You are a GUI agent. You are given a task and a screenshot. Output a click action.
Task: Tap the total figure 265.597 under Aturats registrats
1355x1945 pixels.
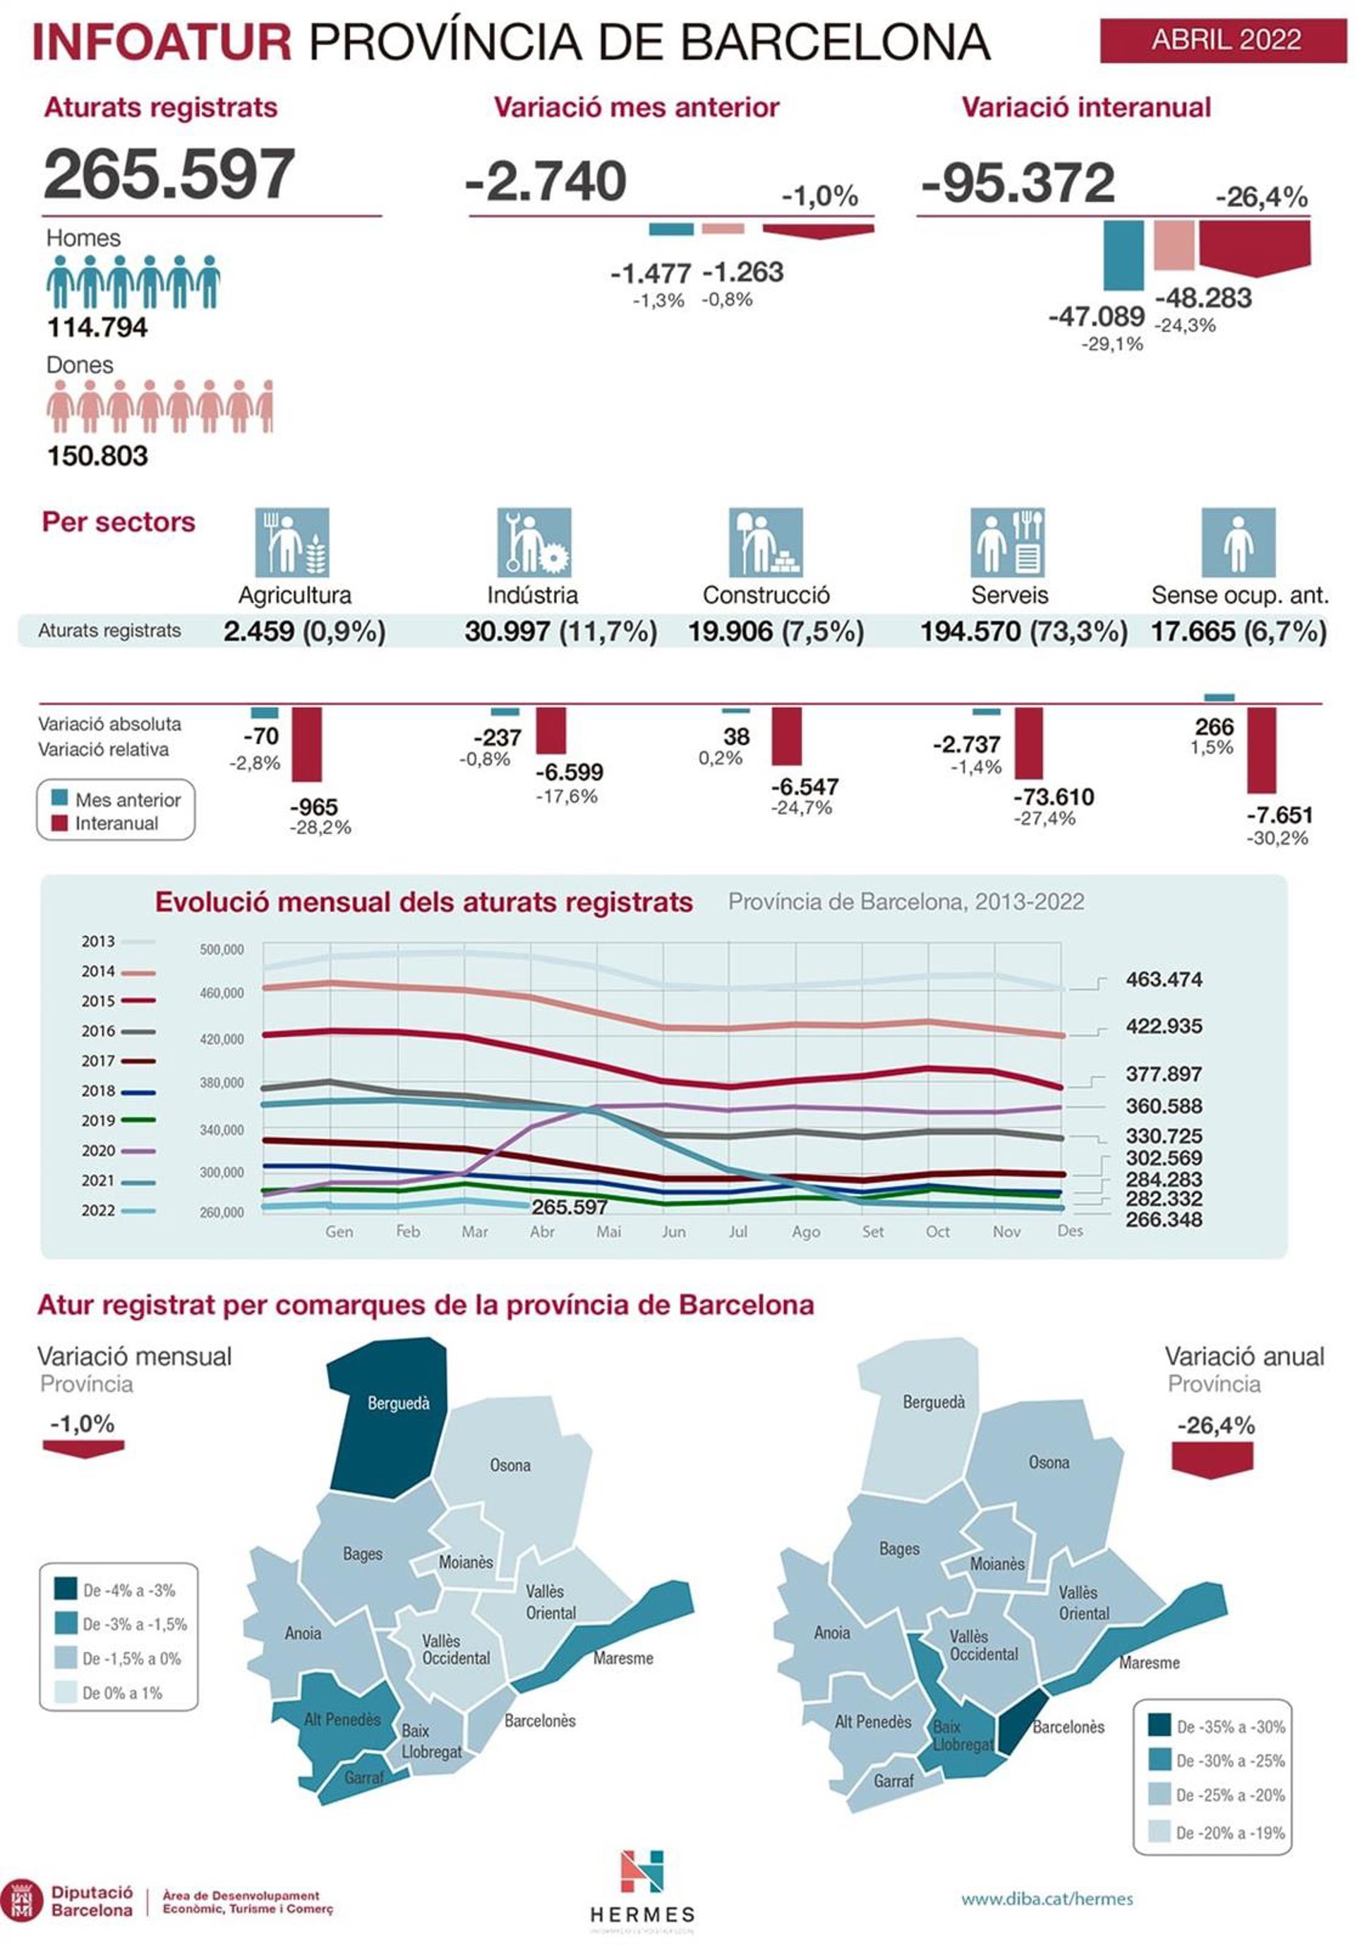(x=169, y=174)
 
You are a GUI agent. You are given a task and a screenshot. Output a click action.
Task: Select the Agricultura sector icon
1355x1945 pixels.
(x=292, y=542)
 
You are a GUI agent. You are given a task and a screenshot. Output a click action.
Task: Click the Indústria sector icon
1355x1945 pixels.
(x=534, y=542)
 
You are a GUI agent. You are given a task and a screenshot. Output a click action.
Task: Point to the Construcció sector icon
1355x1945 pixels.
(x=765, y=542)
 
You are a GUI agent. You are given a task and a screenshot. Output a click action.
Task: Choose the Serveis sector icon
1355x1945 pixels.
(x=1007, y=542)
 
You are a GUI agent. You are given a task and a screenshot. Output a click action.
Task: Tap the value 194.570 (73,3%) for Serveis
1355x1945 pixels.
(x=1023, y=631)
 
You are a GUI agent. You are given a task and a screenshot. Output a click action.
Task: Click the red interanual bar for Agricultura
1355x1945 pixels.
(x=306, y=745)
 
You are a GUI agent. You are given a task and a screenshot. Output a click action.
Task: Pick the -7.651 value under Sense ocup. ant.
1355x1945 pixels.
(x=1279, y=815)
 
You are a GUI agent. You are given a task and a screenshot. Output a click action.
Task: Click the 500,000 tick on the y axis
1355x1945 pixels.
(x=221, y=950)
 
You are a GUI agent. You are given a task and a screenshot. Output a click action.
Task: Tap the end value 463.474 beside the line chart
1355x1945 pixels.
(x=1164, y=979)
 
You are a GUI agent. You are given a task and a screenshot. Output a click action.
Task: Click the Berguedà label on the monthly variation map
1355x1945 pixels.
(x=398, y=1404)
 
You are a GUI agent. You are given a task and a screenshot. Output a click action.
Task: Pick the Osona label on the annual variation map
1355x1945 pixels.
(x=1049, y=1462)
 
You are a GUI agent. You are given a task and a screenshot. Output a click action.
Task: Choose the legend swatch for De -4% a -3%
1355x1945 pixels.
(x=65, y=1589)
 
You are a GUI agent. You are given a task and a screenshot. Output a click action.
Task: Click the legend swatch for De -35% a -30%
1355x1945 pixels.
(x=1160, y=1725)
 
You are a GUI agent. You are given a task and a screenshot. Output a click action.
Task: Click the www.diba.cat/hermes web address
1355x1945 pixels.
(x=1046, y=1898)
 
